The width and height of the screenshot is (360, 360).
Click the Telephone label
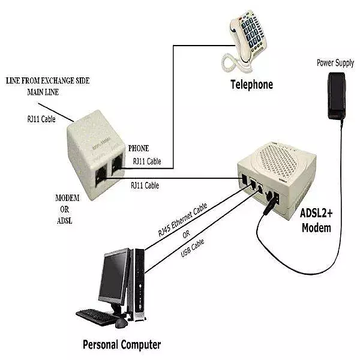pos(251,85)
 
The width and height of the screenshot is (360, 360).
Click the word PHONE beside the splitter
pos(139,148)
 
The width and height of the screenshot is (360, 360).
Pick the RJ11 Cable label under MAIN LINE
pos(40,119)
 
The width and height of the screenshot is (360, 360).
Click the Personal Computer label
pos(122,344)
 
